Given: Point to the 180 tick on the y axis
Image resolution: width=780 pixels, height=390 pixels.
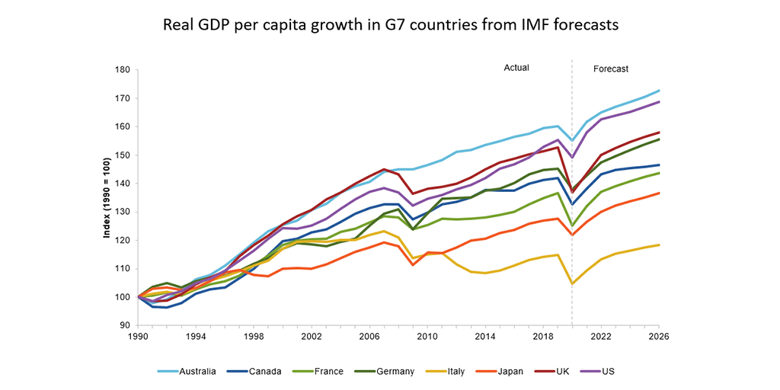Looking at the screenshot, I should tap(122, 70).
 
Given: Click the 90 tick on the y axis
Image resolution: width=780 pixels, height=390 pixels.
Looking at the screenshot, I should tap(124, 325).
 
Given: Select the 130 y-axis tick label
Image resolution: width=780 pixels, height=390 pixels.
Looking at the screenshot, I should tap(122, 212).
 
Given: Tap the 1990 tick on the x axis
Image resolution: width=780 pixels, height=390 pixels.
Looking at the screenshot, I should tap(138, 336).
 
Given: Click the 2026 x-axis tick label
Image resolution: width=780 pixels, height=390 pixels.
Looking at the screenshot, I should tap(659, 336).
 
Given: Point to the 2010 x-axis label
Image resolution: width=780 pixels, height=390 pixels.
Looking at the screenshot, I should tap(427, 336).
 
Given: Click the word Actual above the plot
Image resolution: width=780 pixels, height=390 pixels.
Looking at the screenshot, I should tap(516, 69).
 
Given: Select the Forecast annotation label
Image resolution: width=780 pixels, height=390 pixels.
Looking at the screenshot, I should tap(610, 69).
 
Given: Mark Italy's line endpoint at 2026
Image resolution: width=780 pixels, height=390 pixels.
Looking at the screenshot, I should tap(659, 245).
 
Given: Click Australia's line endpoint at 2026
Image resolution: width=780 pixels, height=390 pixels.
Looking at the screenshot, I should tap(659, 91).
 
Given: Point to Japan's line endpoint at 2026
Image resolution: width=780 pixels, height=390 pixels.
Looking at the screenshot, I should tap(659, 193).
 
